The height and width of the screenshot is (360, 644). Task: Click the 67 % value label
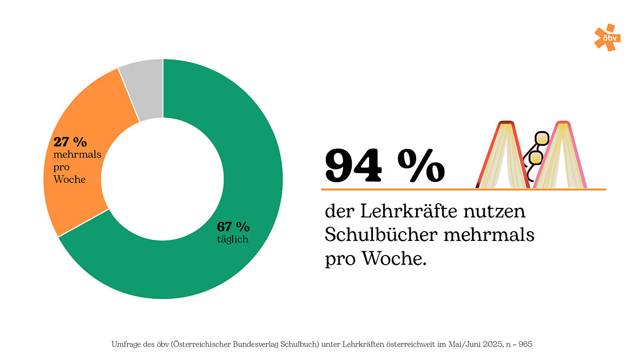tap(233, 226)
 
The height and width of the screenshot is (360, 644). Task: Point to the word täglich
tap(233, 239)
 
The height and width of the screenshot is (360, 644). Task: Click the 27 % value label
tap(70, 142)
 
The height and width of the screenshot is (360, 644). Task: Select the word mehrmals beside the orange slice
tap(77, 155)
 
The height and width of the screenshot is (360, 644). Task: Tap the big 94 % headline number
tap(384, 166)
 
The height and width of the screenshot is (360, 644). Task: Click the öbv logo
tap(606, 37)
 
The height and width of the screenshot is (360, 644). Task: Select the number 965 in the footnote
tap(527, 344)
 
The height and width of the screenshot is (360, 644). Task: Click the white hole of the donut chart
tap(163, 179)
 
